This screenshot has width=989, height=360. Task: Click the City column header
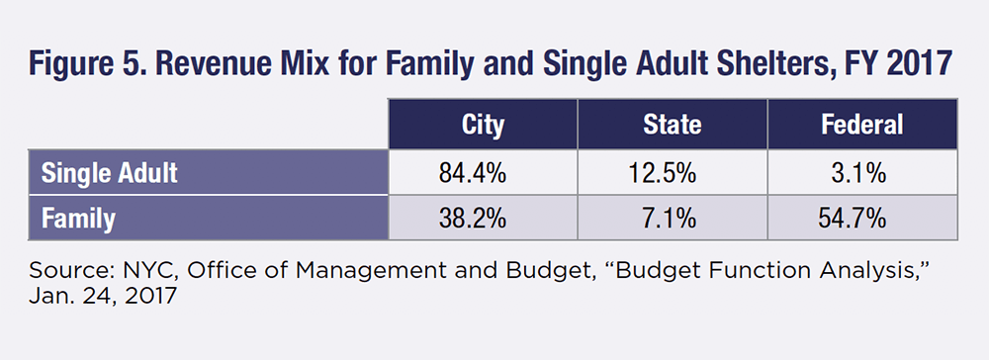coord(483,125)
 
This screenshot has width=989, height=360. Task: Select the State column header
coord(673,125)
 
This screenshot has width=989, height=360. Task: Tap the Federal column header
coord(862,125)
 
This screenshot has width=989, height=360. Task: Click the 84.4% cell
coord(483,173)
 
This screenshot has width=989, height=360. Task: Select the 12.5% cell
coord(673,173)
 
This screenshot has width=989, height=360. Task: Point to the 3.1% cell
coord(862,173)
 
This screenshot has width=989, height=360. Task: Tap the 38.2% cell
coord(483,218)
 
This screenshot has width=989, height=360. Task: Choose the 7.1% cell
coord(673,218)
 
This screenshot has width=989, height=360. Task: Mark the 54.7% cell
coord(862,218)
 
